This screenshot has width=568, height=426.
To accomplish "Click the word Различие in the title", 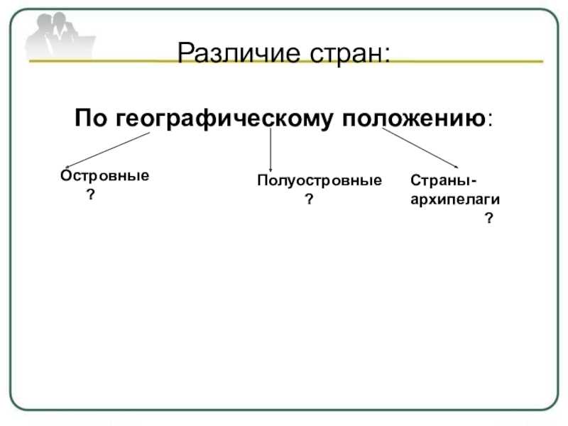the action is pyautogui.click(x=239, y=53).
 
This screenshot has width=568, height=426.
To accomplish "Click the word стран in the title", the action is pyautogui.click(x=346, y=54).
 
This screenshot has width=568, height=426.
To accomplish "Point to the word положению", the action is pyautogui.click(x=414, y=119).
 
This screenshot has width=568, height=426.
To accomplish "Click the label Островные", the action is pyautogui.click(x=105, y=175).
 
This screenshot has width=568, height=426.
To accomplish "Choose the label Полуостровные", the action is pyautogui.click(x=319, y=180).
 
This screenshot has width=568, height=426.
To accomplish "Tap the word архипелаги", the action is pyautogui.click(x=455, y=200).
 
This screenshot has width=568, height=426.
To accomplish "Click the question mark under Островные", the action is pyautogui.click(x=91, y=195).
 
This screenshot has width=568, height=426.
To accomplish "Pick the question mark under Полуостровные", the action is pyautogui.click(x=309, y=199).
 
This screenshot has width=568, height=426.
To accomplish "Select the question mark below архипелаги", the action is pyautogui.click(x=489, y=218).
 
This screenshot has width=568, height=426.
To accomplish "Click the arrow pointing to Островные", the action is pyautogui.click(x=108, y=151).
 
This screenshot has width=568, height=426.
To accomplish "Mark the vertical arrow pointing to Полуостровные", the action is pyautogui.click(x=271, y=150).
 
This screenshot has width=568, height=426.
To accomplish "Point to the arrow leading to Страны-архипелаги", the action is pyautogui.click(x=420, y=148).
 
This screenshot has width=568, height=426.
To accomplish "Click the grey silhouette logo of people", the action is pyautogui.click(x=60, y=35).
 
